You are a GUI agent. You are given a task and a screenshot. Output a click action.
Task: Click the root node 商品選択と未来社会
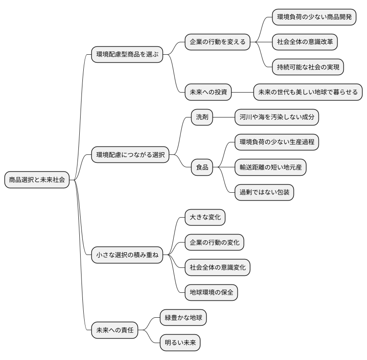pyautogui.click(x=37, y=180)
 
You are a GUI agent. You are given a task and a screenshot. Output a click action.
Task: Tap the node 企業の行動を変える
pyautogui.click(x=218, y=42)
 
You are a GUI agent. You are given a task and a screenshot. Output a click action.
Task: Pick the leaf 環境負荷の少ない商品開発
pyautogui.click(x=314, y=17)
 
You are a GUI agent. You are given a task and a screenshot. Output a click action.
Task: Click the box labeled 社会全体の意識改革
pyautogui.click(x=305, y=42)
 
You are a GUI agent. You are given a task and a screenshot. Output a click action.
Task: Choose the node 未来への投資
pyautogui.click(x=208, y=92)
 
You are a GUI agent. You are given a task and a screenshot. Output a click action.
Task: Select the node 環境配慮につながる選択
pyautogui.click(x=130, y=155)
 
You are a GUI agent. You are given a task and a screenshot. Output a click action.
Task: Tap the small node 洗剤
pyautogui.click(x=202, y=117)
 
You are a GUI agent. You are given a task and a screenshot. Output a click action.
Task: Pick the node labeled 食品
pyautogui.click(x=202, y=167)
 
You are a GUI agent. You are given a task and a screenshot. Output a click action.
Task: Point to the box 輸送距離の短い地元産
pyautogui.click(x=270, y=167)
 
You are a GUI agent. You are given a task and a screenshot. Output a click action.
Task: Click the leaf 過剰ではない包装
pyautogui.click(x=264, y=192)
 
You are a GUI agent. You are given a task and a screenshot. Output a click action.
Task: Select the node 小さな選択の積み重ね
pyautogui.click(x=127, y=255)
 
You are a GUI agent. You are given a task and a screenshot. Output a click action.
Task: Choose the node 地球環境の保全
pyautogui.click(x=212, y=292)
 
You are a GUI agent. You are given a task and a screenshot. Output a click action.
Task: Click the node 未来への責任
pyautogui.click(x=114, y=330)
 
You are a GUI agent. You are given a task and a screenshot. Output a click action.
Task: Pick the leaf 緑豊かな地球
pyautogui.click(x=183, y=318)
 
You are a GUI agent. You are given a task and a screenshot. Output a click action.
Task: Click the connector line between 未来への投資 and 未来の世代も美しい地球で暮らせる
pyautogui.click(x=243, y=92)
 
